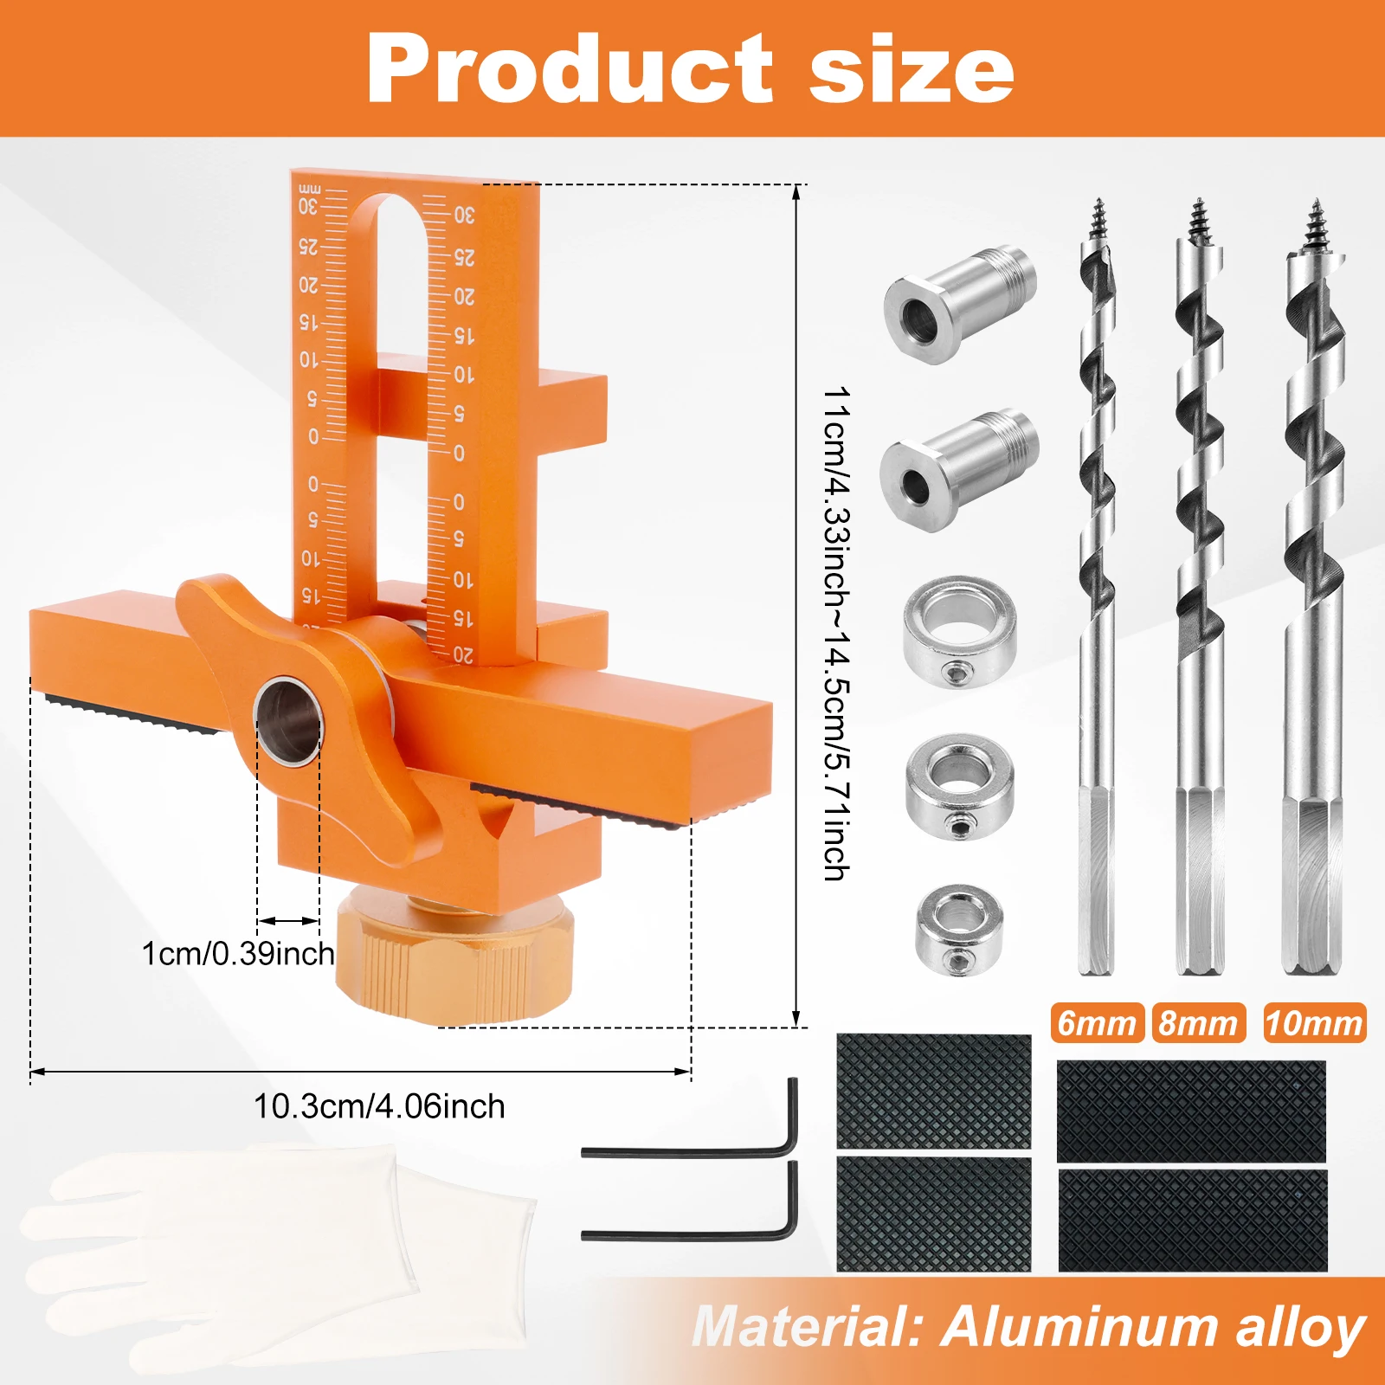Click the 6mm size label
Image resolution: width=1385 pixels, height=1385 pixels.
click(1097, 1023)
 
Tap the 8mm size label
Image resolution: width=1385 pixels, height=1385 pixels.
click(1198, 1023)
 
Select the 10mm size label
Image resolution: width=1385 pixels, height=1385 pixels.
click(1314, 1023)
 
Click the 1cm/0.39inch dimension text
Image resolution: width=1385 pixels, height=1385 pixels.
click(238, 954)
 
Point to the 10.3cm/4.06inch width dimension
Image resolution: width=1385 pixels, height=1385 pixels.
click(379, 1106)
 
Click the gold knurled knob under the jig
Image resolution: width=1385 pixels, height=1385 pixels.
click(454, 961)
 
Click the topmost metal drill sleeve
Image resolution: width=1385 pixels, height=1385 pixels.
click(959, 303)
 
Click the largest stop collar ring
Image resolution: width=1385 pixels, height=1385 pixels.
click(959, 632)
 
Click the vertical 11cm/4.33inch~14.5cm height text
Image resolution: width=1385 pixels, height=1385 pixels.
click(836, 632)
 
